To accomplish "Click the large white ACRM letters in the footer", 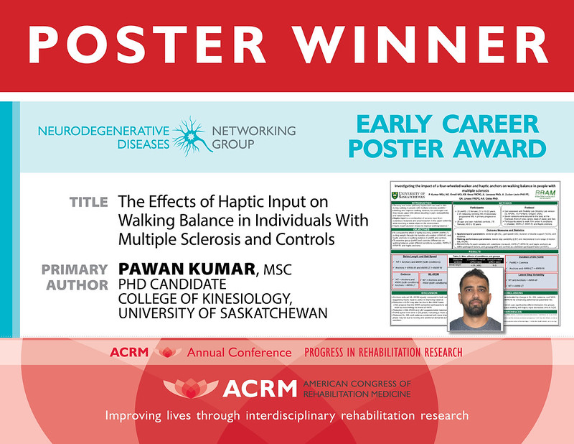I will (x=258, y=389).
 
